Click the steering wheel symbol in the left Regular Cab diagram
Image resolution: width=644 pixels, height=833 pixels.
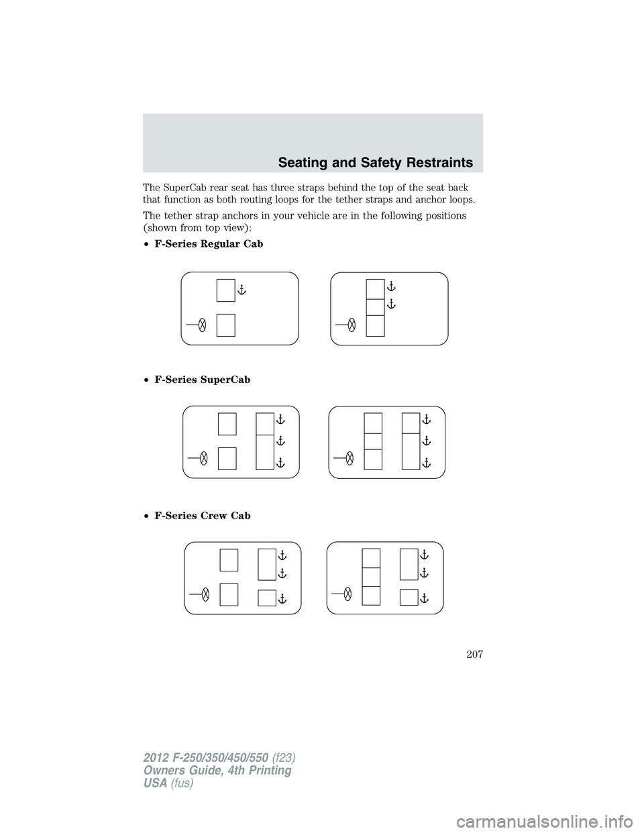[x=202, y=325]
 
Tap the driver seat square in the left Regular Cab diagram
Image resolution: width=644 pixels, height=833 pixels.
[x=226, y=325]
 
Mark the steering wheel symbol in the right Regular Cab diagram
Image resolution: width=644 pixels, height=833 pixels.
[x=352, y=325]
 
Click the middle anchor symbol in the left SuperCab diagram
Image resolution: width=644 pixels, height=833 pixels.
[x=280, y=441]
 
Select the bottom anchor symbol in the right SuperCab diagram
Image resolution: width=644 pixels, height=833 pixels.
[x=426, y=463]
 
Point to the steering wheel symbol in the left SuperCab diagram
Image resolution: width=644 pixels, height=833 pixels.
[x=203, y=458]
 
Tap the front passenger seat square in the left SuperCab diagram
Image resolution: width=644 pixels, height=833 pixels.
[x=227, y=425]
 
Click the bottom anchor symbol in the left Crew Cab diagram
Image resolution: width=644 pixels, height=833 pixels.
[x=282, y=598]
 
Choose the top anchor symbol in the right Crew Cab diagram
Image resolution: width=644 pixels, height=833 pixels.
[x=424, y=555]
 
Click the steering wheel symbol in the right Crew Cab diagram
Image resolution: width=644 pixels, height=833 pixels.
[x=347, y=593]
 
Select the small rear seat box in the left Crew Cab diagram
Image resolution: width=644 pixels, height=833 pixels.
[x=267, y=598]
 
